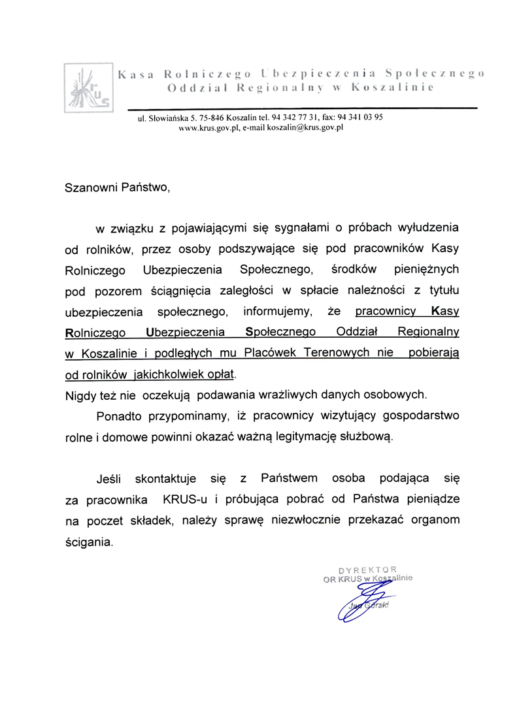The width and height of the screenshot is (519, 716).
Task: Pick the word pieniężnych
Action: point(427,268)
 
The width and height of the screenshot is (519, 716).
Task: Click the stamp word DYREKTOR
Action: point(367,570)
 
